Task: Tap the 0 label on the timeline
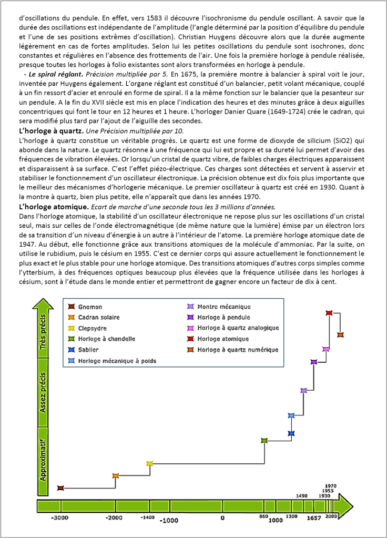[222, 519]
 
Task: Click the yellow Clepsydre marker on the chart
[149, 463]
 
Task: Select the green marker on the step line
[264, 440]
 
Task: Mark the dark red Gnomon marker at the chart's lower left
[60, 488]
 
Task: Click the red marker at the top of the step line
[329, 313]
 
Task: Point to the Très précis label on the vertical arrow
[43, 335]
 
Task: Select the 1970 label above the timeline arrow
[331, 485]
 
